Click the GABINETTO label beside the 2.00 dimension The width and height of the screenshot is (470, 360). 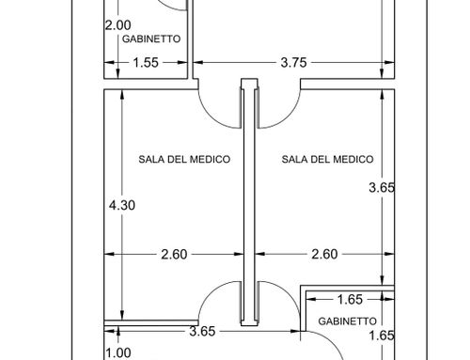(x=151, y=39)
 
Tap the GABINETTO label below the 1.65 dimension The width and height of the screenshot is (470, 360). (x=347, y=321)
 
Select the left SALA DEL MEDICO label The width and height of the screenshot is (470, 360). (x=184, y=159)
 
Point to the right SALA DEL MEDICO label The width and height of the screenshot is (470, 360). (x=327, y=159)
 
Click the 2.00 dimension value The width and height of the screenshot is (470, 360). (x=117, y=25)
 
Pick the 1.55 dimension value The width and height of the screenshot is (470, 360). (x=146, y=63)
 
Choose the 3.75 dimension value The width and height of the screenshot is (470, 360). (x=293, y=63)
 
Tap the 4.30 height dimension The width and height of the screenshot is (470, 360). (x=122, y=205)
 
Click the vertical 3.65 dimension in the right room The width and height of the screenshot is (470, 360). (x=382, y=188)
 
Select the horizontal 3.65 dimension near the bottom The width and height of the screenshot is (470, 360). (x=202, y=332)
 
